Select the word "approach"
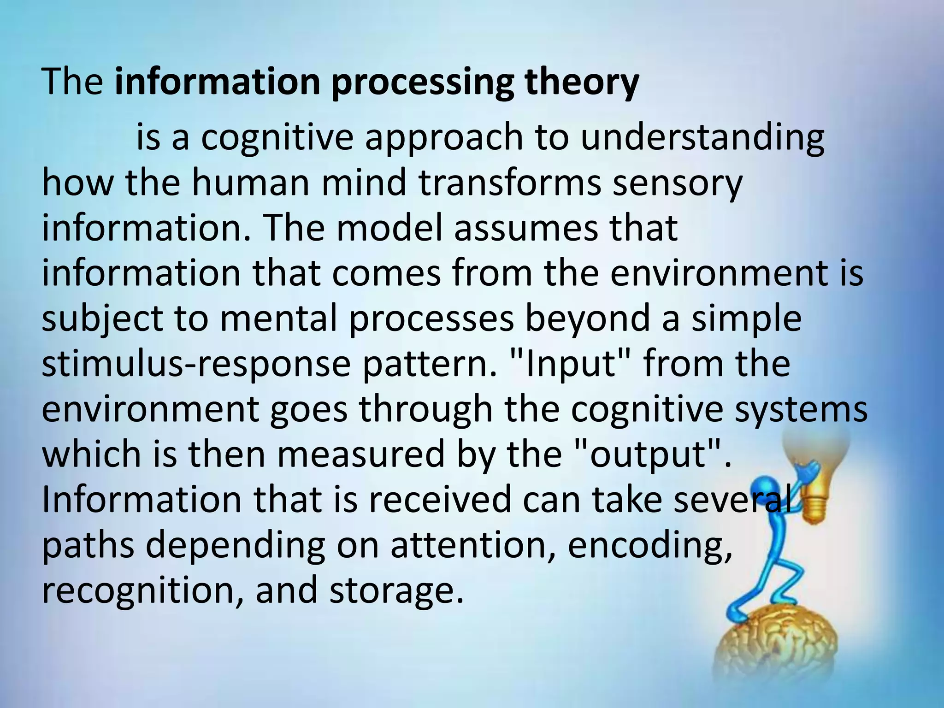pyautogui.click(x=444, y=138)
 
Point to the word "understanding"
pyautogui.click(x=702, y=138)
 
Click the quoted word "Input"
pyautogui.click(x=571, y=365)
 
